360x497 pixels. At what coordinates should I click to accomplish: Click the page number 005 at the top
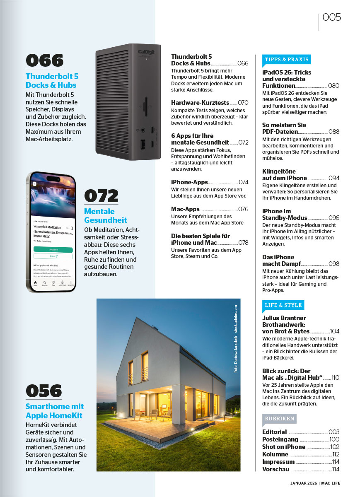tap(331, 17)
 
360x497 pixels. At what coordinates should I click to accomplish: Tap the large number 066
tap(44, 61)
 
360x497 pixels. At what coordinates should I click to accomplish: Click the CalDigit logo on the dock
tap(146, 52)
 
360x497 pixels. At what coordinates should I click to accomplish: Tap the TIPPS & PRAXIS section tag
tap(286, 60)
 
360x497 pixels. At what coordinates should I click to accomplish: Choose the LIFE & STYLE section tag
tap(284, 305)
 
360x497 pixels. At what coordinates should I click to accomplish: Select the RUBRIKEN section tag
tap(280, 418)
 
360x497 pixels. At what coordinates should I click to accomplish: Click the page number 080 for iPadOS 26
tap(333, 86)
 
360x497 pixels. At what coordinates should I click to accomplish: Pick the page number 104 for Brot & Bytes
tap(335, 331)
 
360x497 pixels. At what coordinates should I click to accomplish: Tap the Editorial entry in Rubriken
tap(275, 432)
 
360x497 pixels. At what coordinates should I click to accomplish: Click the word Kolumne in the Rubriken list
tap(275, 454)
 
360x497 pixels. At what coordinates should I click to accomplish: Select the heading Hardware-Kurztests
tap(200, 102)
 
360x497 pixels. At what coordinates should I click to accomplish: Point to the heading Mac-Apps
tap(185, 209)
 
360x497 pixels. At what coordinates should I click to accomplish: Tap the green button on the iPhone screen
tap(53, 250)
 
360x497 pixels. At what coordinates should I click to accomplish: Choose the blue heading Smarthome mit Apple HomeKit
tap(55, 411)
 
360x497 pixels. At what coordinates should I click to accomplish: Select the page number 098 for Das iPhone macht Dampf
tap(333, 264)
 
